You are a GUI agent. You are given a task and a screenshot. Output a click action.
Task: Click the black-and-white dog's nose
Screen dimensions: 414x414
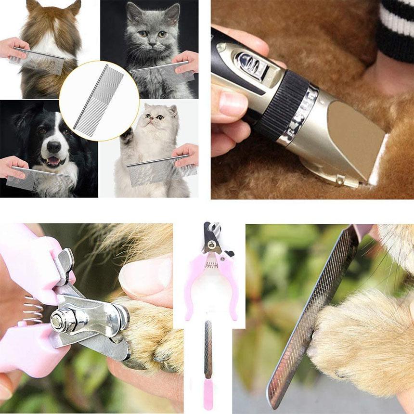(x=54, y=146)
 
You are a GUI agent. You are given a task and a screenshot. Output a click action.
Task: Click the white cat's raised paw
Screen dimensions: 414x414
(x=127, y=137)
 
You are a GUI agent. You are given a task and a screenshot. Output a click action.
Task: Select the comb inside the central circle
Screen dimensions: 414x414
(x=99, y=101)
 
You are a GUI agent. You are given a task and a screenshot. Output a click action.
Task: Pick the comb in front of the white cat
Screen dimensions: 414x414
(x=161, y=171)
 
